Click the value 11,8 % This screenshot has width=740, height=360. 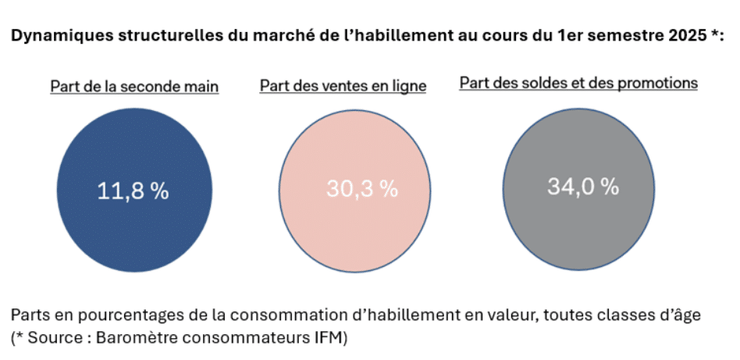[133, 191]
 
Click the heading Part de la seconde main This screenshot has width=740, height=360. [134, 87]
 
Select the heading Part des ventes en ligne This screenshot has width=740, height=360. [343, 87]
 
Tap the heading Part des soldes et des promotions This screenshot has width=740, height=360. [578, 83]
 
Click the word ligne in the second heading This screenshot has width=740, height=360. [410, 87]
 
